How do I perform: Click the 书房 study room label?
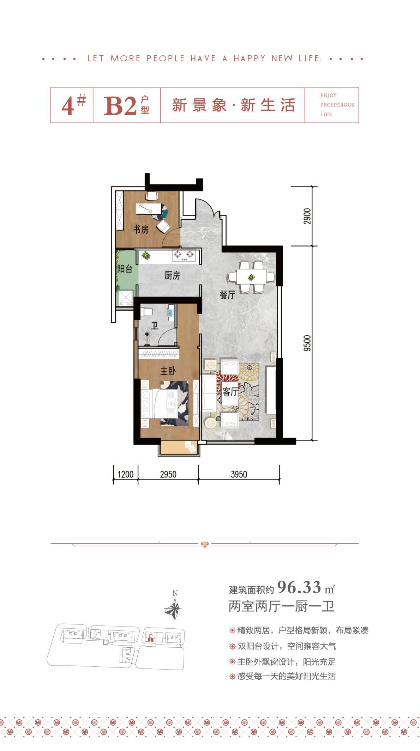[141, 230]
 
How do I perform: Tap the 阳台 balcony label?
[125, 269]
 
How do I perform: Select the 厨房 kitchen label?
[172, 276]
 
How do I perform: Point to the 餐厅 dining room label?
[227, 295]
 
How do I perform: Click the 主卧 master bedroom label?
[168, 371]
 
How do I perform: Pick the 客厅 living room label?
[230, 391]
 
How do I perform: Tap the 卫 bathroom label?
[154, 325]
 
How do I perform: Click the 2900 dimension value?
[308, 216]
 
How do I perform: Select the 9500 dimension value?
[308, 343]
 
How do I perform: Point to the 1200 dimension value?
[125, 474]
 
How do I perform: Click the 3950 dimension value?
[239, 474]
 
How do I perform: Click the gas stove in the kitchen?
[184, 255]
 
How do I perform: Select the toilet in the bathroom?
[146, 311]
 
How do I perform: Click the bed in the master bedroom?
[165, 403]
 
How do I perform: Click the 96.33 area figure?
[299, 587]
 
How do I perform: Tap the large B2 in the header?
[120, 105]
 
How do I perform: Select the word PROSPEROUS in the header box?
[337, 105]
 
